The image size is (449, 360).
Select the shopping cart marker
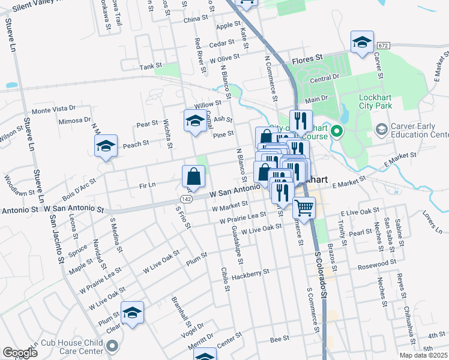304,209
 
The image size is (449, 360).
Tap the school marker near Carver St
362,43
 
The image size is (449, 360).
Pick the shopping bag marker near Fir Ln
194,177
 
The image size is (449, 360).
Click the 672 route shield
384,46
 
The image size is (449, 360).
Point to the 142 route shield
185,199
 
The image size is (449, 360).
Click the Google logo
20,353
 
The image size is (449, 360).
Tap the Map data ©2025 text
423,355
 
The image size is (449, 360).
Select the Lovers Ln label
431,220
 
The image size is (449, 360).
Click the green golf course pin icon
337,130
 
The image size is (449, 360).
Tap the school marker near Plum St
133,313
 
